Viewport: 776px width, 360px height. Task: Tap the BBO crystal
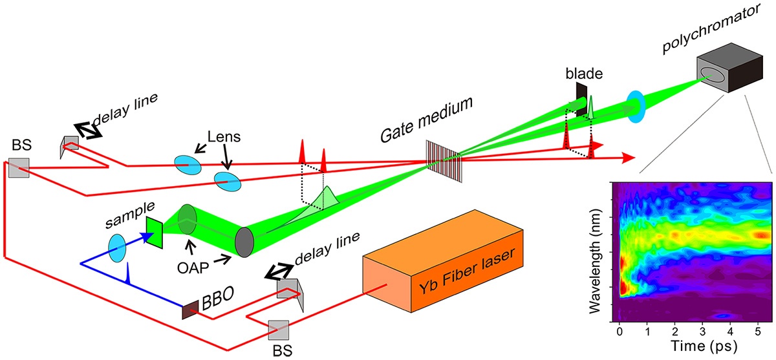(190, 310)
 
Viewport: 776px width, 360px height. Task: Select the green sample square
(154, 232)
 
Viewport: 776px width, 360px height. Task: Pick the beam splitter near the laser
(279, 330)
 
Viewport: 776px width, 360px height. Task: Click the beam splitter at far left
(19, 168)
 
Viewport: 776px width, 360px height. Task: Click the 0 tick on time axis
(620, 332)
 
